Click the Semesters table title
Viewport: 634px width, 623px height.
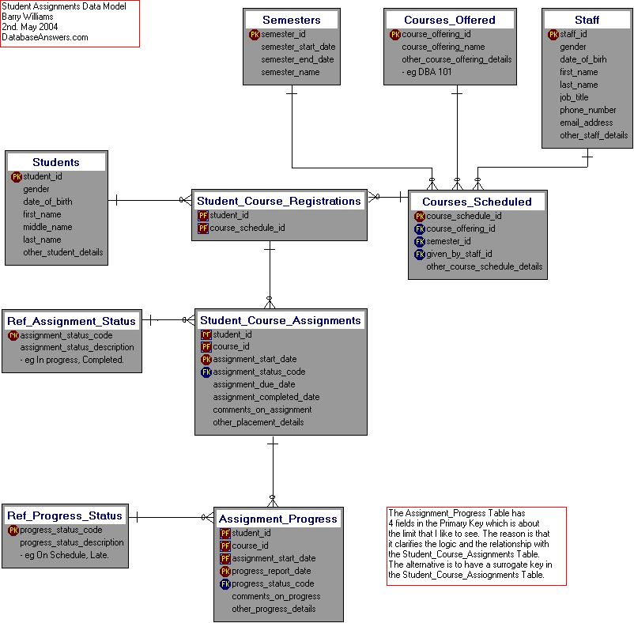click(291, 20)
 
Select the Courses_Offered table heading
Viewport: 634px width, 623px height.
click(449, 20)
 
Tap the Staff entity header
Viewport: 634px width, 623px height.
click(587, 20)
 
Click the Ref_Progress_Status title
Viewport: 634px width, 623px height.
click(65, 515)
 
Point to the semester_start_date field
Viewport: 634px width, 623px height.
click(298, 47)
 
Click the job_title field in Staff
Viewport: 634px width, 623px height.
click(574, 97)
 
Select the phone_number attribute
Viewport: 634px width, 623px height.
click(587, 110)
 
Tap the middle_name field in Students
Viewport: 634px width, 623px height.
click(47, 227)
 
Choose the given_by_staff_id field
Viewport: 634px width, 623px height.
click(459, 254)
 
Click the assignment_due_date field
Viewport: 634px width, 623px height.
click(254, 384)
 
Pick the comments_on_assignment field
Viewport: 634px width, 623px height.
click(262, 410)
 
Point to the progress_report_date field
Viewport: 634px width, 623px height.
click(271, 571)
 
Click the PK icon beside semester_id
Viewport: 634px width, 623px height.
click(255, 35)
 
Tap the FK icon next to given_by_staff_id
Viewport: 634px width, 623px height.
click(420, 254)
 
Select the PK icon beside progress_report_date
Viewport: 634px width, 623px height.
click(225, 571)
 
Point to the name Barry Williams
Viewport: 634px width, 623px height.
click(28, 17)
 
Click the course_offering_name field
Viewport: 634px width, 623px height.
click(443, 47)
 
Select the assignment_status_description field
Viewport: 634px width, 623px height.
click(77, 347)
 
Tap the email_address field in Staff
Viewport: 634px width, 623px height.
click(586, 123)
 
